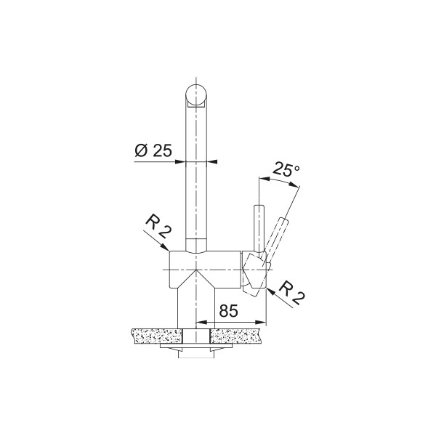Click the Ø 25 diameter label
click(153, 150)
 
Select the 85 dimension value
click(229, 310)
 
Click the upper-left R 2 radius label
click(158, 227)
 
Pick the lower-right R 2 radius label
click(291, 293)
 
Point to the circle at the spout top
click(196, 94)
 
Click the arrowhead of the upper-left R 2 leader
click(166, 247)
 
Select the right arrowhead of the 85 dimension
click(261, 322)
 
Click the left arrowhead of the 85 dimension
click(202, 322)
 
